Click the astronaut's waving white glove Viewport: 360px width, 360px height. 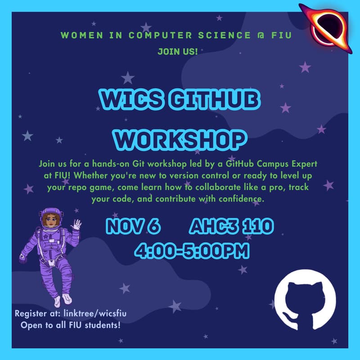[77, 224]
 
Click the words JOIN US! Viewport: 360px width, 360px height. [178, 51]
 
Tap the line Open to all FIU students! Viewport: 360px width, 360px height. [71, 324]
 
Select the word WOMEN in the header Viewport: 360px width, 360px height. [80, 36]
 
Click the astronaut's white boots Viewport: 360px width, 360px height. [62, 299]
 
